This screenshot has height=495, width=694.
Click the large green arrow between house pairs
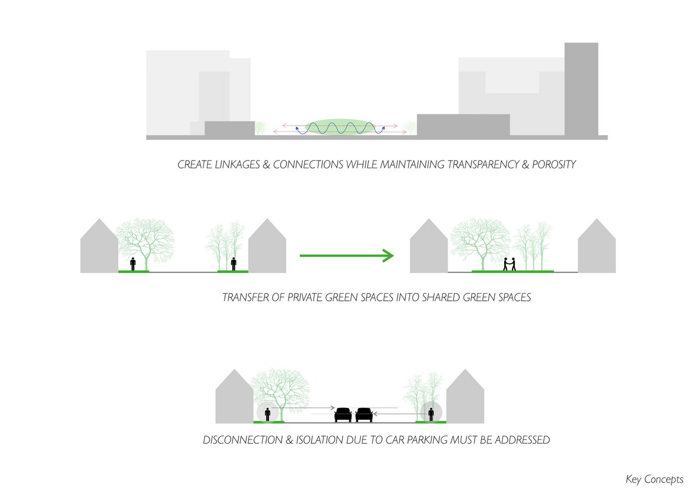pos(346,256)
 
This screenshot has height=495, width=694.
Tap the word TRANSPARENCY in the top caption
pos(483,164)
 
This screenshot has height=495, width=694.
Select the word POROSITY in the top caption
pos(554,164)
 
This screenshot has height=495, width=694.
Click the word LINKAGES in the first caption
pos(237,164)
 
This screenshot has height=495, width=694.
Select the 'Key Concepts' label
pos(654,479)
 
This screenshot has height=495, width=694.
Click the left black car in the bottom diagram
pos(343,415)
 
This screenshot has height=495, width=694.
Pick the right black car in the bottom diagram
pos(364,415)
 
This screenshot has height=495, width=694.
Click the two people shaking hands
pos(509,264)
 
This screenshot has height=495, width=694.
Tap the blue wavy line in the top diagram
pos(340,128)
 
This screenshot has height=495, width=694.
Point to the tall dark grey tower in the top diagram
pos(581,89)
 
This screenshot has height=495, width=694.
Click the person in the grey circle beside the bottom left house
pos(268,414)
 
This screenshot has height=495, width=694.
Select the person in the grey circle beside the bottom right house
pos(431,414)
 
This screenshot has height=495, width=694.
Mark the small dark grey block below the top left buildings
pos(229,128)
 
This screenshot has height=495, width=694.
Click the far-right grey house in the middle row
pos(597,246)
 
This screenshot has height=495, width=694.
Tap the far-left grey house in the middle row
pos(99,246)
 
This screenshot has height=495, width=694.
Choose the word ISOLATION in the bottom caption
pos(319,440)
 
